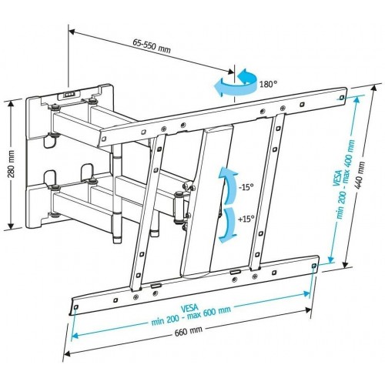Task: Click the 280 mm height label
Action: pyautogui.click(x=10, y=165)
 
